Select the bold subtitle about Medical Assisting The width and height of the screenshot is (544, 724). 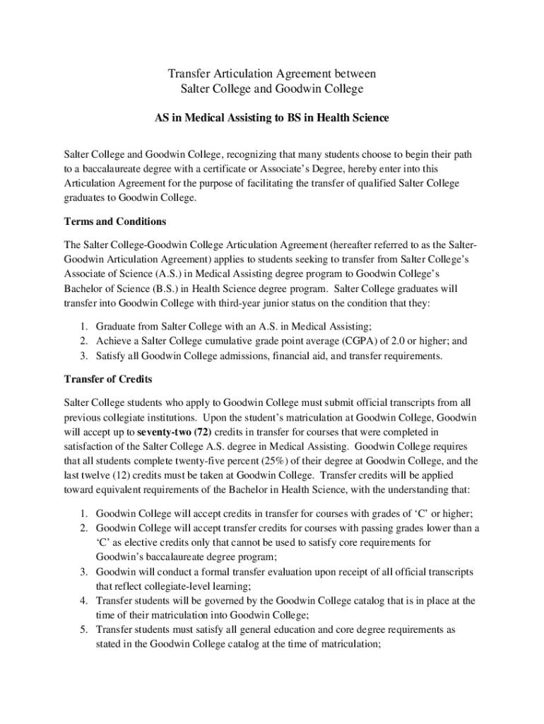click(x=272, y=118)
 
